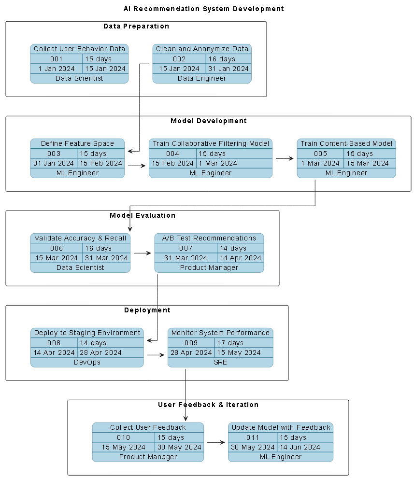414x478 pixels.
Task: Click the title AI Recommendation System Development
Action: pos(203,9)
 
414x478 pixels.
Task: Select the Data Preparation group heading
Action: pos(136,26)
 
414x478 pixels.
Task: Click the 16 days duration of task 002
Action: pos(221,59)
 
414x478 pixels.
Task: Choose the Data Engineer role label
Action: pos(202,78)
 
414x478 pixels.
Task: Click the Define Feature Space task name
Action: pos(77,143)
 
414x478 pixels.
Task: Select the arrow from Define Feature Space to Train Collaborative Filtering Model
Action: pos(137,166)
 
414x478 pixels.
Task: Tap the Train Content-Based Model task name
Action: pos(346,143)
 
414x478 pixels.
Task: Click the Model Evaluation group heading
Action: pos(143,215)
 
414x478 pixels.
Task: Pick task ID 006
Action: pos(57,248)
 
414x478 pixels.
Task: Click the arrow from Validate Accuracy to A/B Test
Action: pos(142,253)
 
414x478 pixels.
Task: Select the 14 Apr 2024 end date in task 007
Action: pos(240,258)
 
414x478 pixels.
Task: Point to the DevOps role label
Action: pos(87,362)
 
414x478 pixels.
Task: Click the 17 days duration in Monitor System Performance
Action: pos(229,343)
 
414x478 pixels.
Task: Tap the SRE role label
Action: pos(220,362)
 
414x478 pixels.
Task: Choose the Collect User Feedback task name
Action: pos(148,427)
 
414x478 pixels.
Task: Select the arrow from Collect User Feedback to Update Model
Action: pos(215,442)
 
